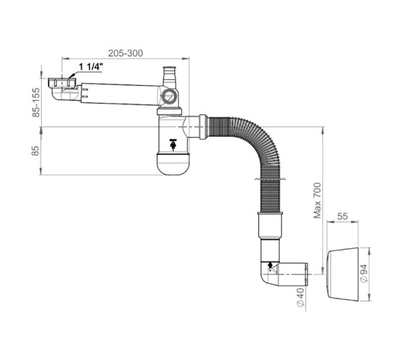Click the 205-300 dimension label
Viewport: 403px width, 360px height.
[125, 53]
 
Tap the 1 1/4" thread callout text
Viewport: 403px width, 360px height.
[91, 67]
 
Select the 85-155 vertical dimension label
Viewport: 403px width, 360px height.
[36, 102]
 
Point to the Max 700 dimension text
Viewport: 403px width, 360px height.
[317, 201]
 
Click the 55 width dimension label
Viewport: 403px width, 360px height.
[343, 217]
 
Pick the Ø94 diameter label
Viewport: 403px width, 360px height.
[364, 274]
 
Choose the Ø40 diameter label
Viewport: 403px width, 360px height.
[300, 297]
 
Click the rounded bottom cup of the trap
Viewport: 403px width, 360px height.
[173, 164]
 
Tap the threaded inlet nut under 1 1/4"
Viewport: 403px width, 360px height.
[62, 82]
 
